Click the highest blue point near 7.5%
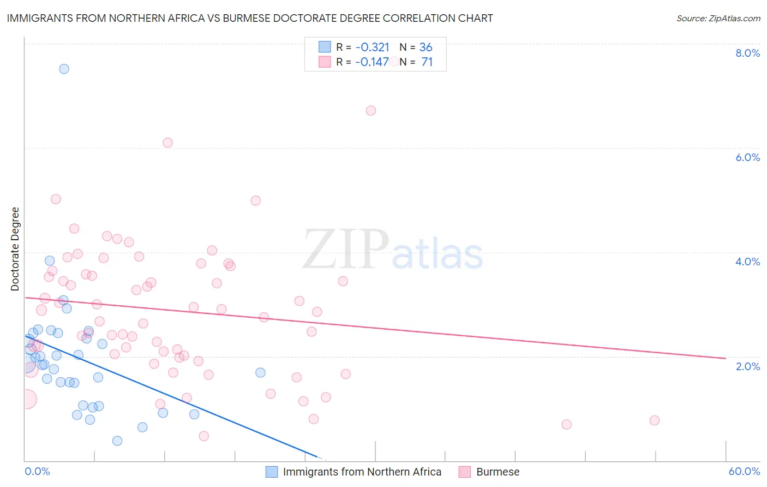(x=64, y=69)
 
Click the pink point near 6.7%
(x=371, y=110)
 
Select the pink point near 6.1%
(x=167, y=142)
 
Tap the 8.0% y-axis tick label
(x=747, y=53)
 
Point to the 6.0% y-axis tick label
(x=747, y=157)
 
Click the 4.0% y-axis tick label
(x=747, y=262)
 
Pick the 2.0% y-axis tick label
(x=747, y=366)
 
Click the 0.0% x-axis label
(x=37, y=471)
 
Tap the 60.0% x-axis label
(x=744, y=471)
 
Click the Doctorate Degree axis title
(x=15, y=249)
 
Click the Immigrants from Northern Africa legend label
(x=362, y=472)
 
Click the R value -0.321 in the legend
(x=372, y=47)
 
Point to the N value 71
(x=427, y=62)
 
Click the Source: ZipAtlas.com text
(x=718, y=18)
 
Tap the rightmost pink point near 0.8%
(x=655, y=420)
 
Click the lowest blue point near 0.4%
(x=117, y=441)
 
